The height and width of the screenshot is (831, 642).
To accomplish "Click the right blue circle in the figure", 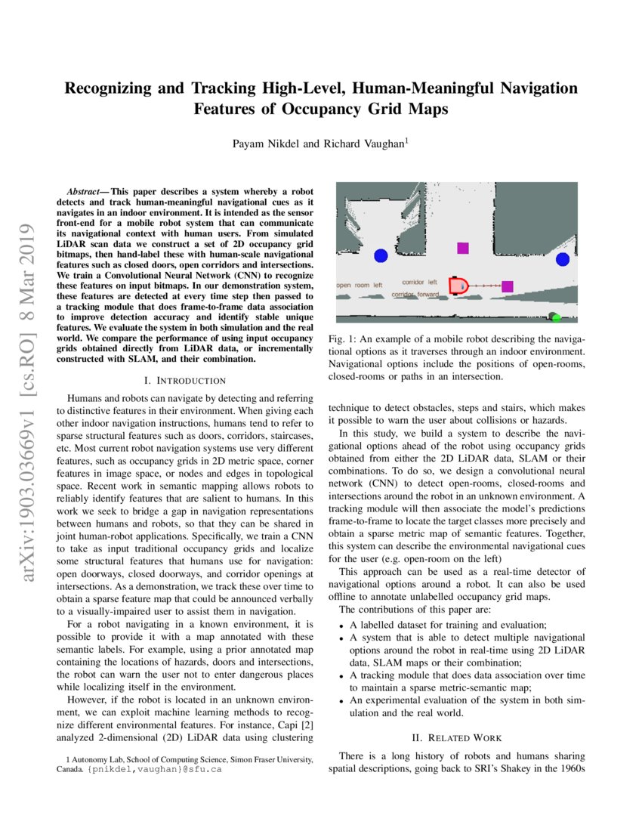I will tap(562, 260).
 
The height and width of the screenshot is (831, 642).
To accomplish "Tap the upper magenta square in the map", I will tap(463, 248).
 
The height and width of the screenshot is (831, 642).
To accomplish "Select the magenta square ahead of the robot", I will tap(508, 286).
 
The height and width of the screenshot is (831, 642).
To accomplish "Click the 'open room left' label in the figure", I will tap(360, 286).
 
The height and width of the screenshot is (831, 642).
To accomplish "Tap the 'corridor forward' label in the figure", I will tap(415, 295).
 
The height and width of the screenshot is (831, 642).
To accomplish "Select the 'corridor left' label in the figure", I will tap(419, 282).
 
